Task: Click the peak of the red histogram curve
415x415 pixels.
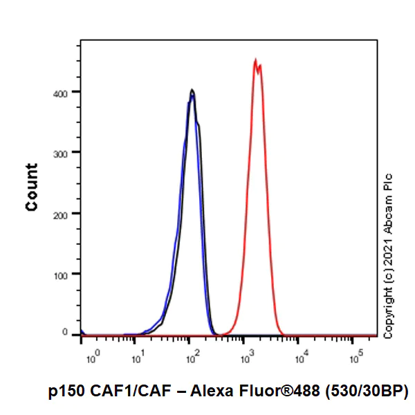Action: [255, 60]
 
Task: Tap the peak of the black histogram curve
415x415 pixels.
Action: [192, 90]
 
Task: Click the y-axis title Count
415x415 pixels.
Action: [32, 187]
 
